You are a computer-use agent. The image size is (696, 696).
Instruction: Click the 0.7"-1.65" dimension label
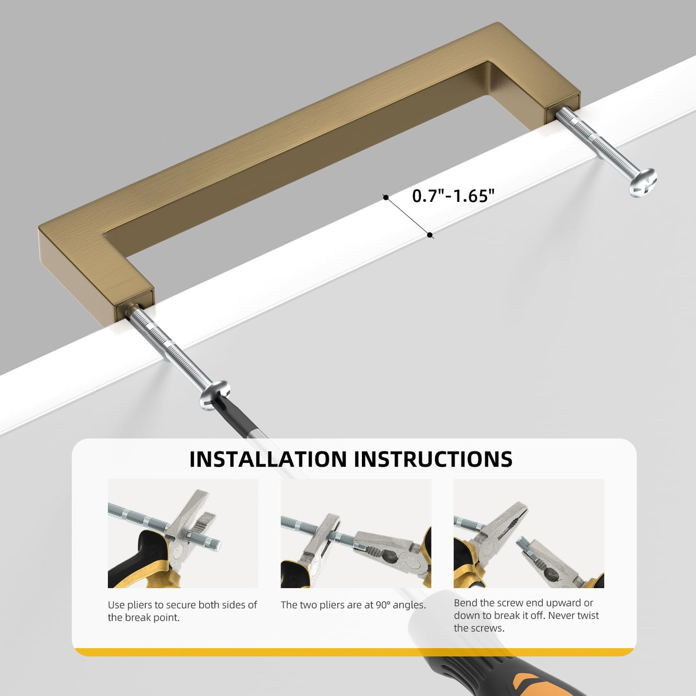click(453, 196)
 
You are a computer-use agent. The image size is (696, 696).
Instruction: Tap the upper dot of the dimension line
click(386, 197)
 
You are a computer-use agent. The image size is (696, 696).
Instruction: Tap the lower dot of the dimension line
click(430, 235)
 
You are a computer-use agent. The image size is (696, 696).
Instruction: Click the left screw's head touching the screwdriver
click(215, 395)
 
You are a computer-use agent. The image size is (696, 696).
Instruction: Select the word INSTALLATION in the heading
click(268, 459)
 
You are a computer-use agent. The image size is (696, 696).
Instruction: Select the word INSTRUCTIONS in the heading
click(433, 459)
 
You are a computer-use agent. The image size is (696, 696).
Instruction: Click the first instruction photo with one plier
click(183, 533)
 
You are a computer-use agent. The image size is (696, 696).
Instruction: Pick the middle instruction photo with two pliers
click(356, 533)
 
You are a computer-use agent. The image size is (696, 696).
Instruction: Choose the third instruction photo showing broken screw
click(529, 533)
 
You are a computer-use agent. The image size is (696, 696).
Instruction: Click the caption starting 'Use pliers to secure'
click(182, 611)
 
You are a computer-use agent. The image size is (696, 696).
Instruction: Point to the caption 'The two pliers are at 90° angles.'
click(353, 605)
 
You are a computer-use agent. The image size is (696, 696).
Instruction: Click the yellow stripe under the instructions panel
click(354, 652)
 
